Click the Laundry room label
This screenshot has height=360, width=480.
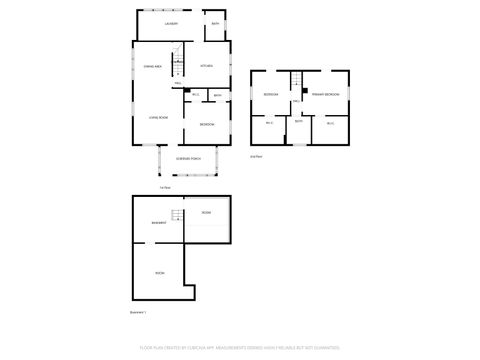pyautogui.click(x=172, y=22)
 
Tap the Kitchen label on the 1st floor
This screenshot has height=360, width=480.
pyautogui.click(x=206, y=66)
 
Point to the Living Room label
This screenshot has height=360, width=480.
pyautogui.click(x=158, y=118)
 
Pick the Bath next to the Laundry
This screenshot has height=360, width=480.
pyautogui.click(x=215, y=22)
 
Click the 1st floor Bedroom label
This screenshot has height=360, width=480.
pyautogui.click(x=206, y=123)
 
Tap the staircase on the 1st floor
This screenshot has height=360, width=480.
pyautogui.click(x=177, y=62)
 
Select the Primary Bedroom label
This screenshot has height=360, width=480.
pyautogui.click(x=325, y=94)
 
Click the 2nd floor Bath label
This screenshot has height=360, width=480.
pyautogui.click(x=298, y=122)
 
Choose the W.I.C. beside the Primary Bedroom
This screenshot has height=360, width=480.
pyautogui.click(x=330, y=122)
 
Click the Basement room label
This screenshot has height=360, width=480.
pyautogui.click(x=158, y=222)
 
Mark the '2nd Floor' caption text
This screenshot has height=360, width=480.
pyautogui.click(x=256, y=157)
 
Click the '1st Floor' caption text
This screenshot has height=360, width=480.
pyautogui.click(x=164, y=187)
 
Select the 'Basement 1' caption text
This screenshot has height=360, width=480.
pyautogui.click(x=140, y=312)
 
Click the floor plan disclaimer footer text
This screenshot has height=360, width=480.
pyautogui.click(x=240, y=348)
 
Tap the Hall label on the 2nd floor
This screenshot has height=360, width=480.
pyautogui.click(x=298, y=103)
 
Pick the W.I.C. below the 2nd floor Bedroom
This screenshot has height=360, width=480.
pyautogui.click(x=269, y=122)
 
